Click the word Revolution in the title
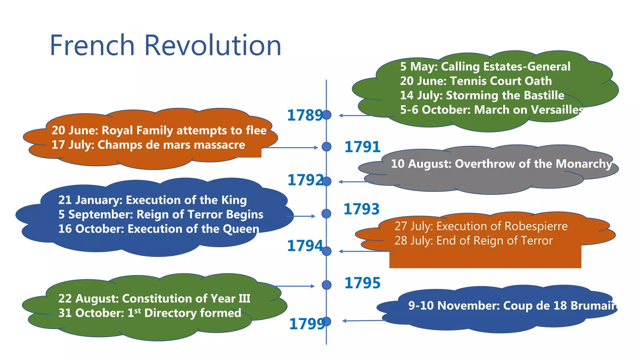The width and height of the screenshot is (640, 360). [212, 46]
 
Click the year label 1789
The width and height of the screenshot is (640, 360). [305, 115]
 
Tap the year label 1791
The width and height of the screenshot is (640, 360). [362, 147]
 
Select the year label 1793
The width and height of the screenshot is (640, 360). [362, 209]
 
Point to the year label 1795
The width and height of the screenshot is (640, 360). [362, 283]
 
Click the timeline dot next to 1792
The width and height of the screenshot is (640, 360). [327, 181]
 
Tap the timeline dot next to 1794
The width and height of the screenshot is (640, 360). [327, 251]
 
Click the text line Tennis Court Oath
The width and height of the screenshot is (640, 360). [476, 81]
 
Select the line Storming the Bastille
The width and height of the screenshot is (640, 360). [482, 95]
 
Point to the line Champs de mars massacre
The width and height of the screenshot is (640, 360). [148, 145]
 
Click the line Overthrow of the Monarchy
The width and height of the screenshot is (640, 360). [501, 164]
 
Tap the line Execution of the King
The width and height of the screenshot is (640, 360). [152, 200]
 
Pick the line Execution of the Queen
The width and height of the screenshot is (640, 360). [158, 229]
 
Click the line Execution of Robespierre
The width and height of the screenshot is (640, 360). [481, 226]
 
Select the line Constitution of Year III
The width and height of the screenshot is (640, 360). [154, 298]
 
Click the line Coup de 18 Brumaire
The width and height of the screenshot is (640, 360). [512, 306]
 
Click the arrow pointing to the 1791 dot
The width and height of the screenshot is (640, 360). [291, 147]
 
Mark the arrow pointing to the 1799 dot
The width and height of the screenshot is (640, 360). [362, 321]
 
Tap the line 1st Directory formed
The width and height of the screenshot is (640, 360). [150, 313]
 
